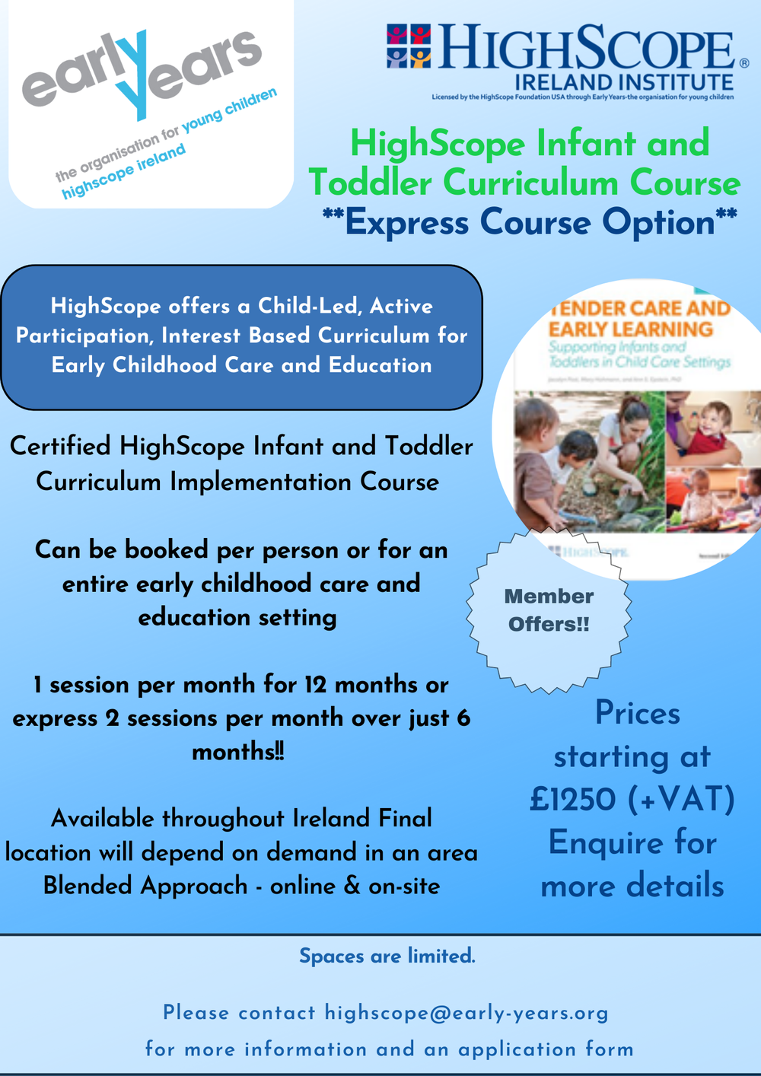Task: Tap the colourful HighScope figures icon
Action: pyautogui.click(x=409, y=46)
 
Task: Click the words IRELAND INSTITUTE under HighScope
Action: pyautogui.click(x=624, y=82)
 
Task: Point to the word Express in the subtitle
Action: pyautogui.click(x=407, y=222)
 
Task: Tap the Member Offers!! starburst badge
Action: pyautogui.click(x=549, y=610)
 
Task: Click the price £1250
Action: pyautogui.click(x=573, y=799)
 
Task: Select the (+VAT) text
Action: pyautogui.click(x=682, y=799)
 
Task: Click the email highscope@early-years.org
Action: pyautogui.click(x=466, y=1013)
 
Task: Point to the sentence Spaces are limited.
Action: pyautogui.click(x=387, y=956)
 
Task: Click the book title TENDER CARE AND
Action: pyautogui.click(x=639, y=308)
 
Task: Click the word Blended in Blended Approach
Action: pyautogui.click(x=88, y=886)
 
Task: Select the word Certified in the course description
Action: pyautogui.click(x=60, y=446)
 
